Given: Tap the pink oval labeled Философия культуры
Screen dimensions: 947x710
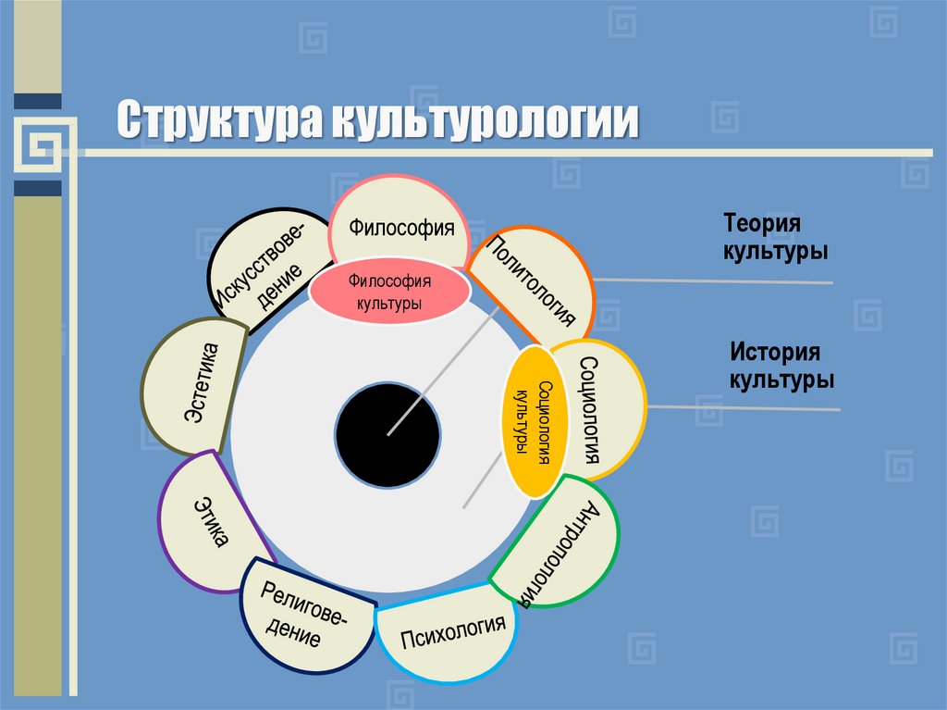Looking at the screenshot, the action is tap(390, 290).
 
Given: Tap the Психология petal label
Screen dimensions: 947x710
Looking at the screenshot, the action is tap(453, 636).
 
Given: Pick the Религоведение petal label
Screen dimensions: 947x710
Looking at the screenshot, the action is tap(300, 615).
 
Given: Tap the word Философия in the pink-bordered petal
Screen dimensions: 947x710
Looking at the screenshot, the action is tap(401, 227).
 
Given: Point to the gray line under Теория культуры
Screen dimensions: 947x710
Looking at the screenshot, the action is tap(712, 280).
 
